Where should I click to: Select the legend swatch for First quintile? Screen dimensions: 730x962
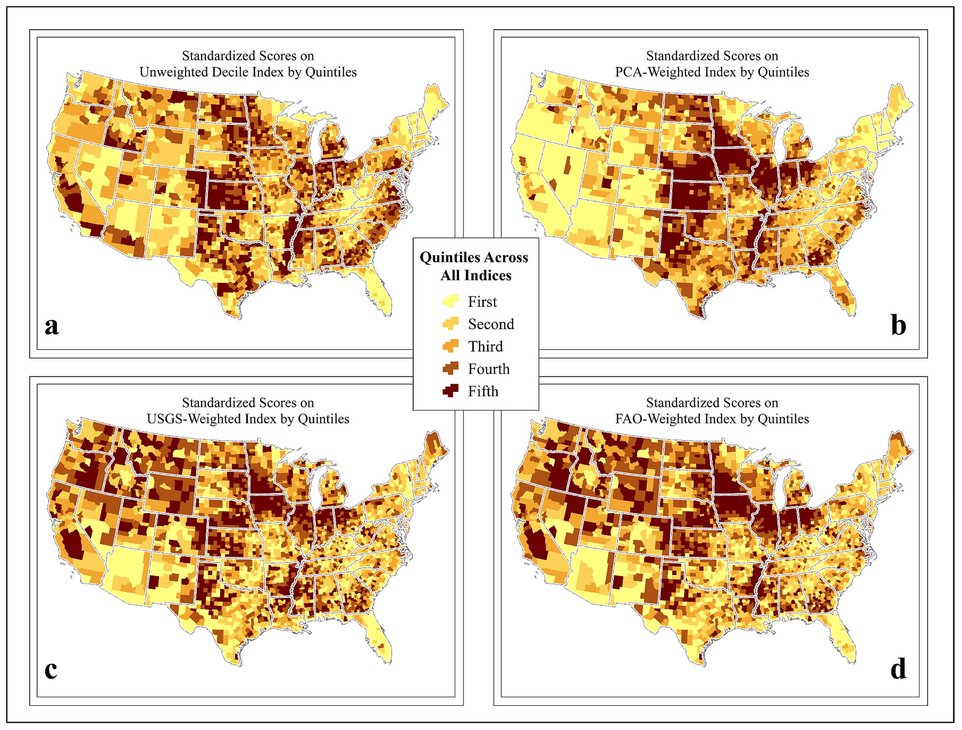click(x=451, y=301)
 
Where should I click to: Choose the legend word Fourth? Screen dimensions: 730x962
click(x=489, y=369)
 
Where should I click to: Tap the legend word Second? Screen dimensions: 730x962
click(x=491, y=324)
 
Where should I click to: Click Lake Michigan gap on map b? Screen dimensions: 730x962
click(x=781, y=139)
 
